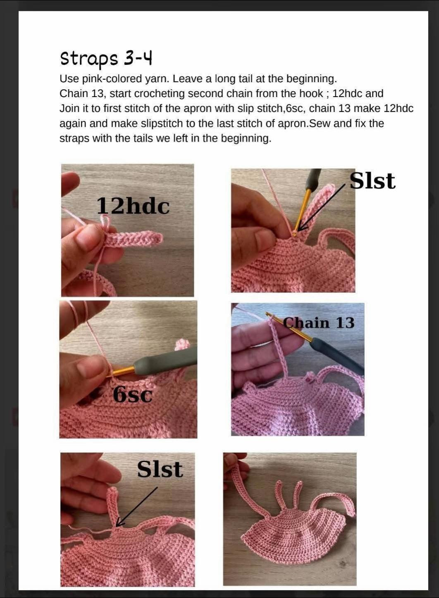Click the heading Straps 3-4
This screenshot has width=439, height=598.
[x=106, y=59]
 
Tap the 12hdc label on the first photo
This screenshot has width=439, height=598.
[x=133, y=206]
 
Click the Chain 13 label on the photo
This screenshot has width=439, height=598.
[x=318, y=323]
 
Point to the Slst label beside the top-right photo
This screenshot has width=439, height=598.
[x=372, y=181]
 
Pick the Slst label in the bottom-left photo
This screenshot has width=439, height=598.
[x=160, y=469]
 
